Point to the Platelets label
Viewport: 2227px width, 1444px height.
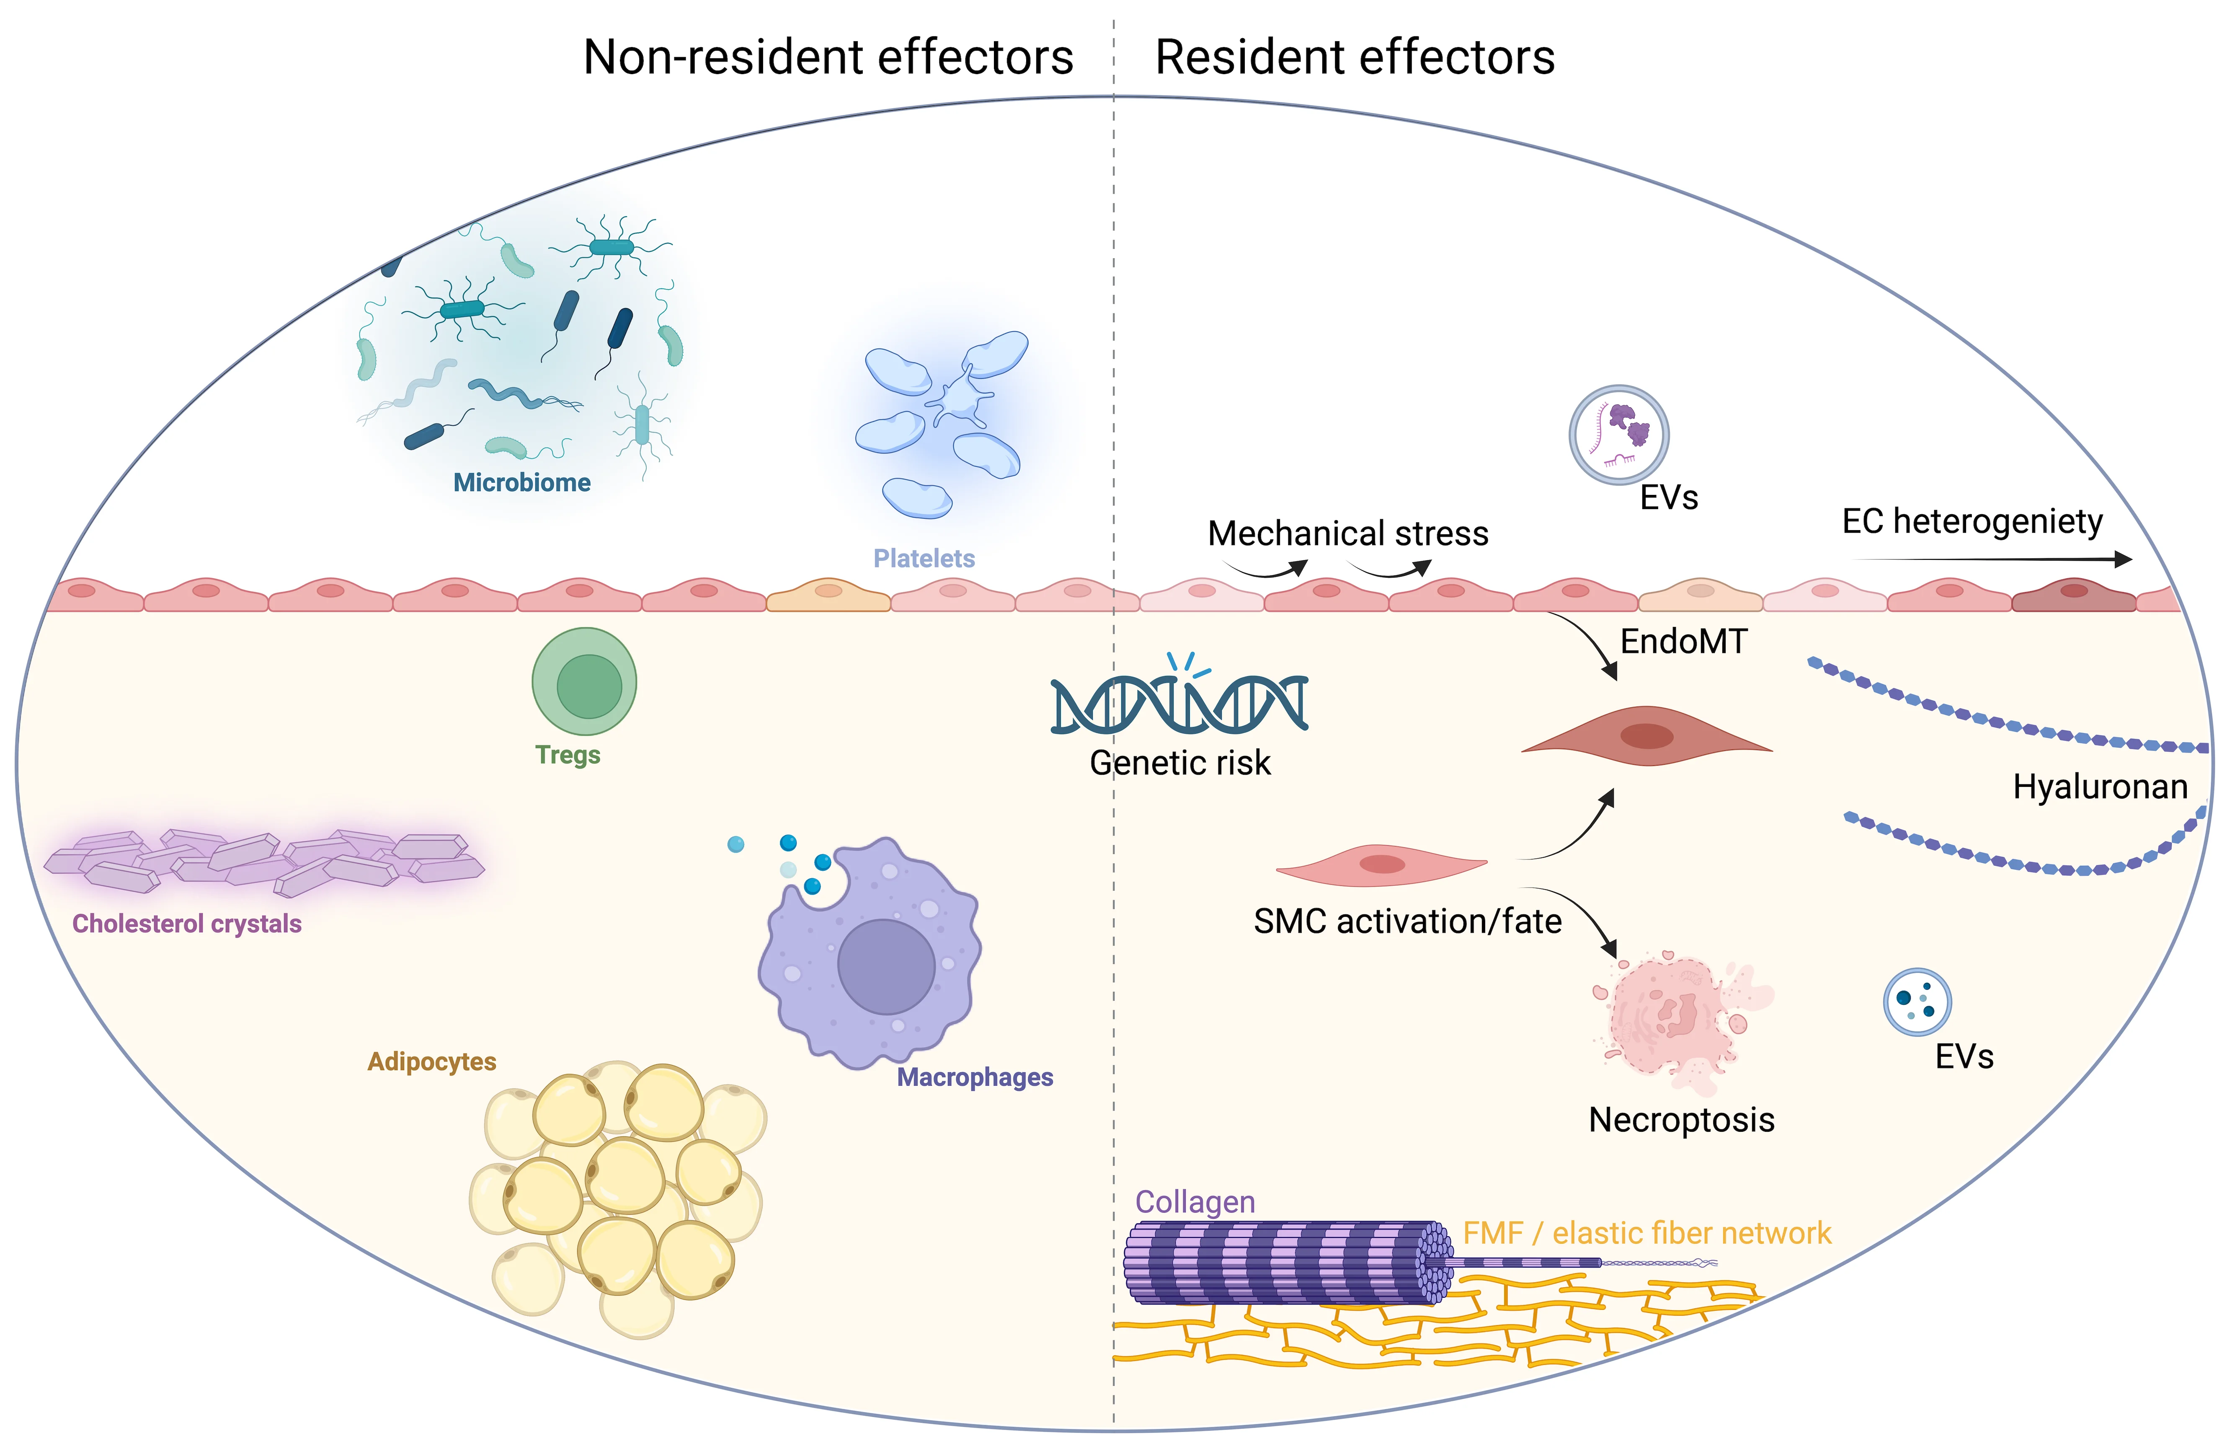[924, 559]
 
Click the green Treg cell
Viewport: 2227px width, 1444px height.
[585, 681]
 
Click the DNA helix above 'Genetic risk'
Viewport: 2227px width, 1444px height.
[1179, 702]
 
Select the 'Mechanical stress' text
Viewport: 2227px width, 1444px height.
[1347, 533]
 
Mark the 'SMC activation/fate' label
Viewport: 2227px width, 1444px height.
[1407, 922]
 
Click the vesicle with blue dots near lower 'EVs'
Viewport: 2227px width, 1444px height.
[1916, 1001]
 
